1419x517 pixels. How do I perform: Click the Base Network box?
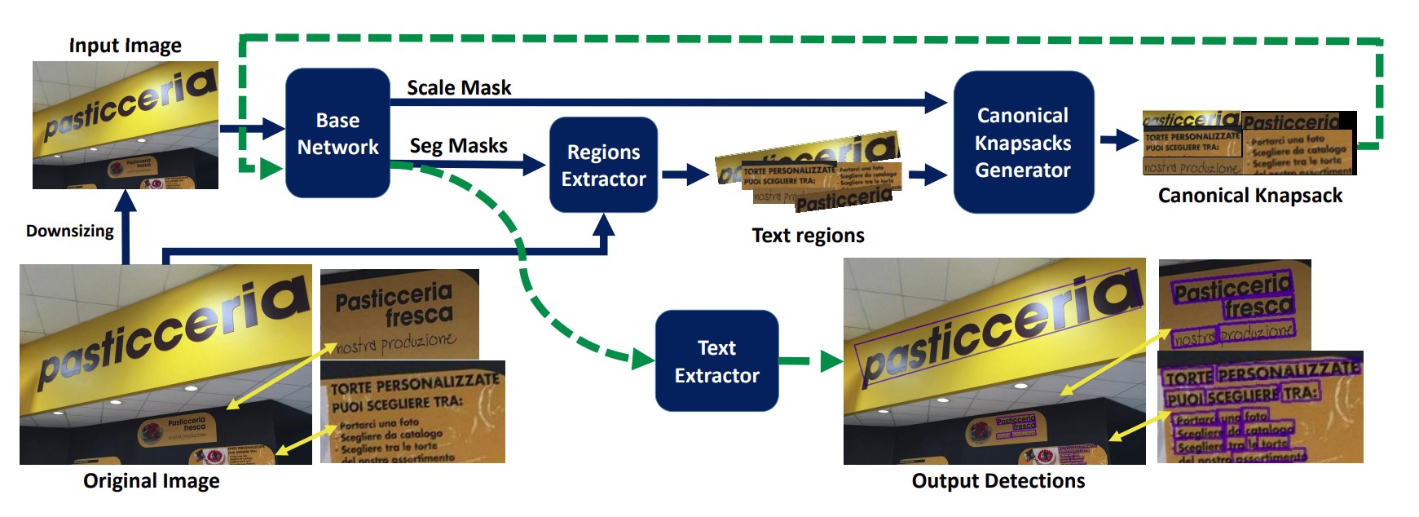coord(337,133)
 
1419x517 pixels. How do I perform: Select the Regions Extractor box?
coord(603,165)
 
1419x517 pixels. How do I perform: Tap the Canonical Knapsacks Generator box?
coord(1023,143)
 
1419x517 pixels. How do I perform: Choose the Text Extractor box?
coord(716,361)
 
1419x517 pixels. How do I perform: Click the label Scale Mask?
coord(459,87)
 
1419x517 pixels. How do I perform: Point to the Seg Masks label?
coord(458,146)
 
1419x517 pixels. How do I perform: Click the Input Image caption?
coord(125,46)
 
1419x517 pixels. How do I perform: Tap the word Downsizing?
coord(70,231)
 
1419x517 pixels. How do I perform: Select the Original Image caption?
coord(152,481)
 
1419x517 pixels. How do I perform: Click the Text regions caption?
coord(808,236)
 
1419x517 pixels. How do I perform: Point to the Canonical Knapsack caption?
coord(1249,196)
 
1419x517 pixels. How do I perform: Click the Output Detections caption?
coord(998,481)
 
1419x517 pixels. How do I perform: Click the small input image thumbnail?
coord(126,125)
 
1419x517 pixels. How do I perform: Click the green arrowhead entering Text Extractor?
coord(643,359)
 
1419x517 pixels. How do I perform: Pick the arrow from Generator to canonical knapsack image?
coord(1119,140)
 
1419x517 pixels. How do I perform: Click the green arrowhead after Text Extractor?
coord(831,360)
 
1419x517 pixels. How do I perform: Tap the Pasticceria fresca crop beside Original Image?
coord(399,314)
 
